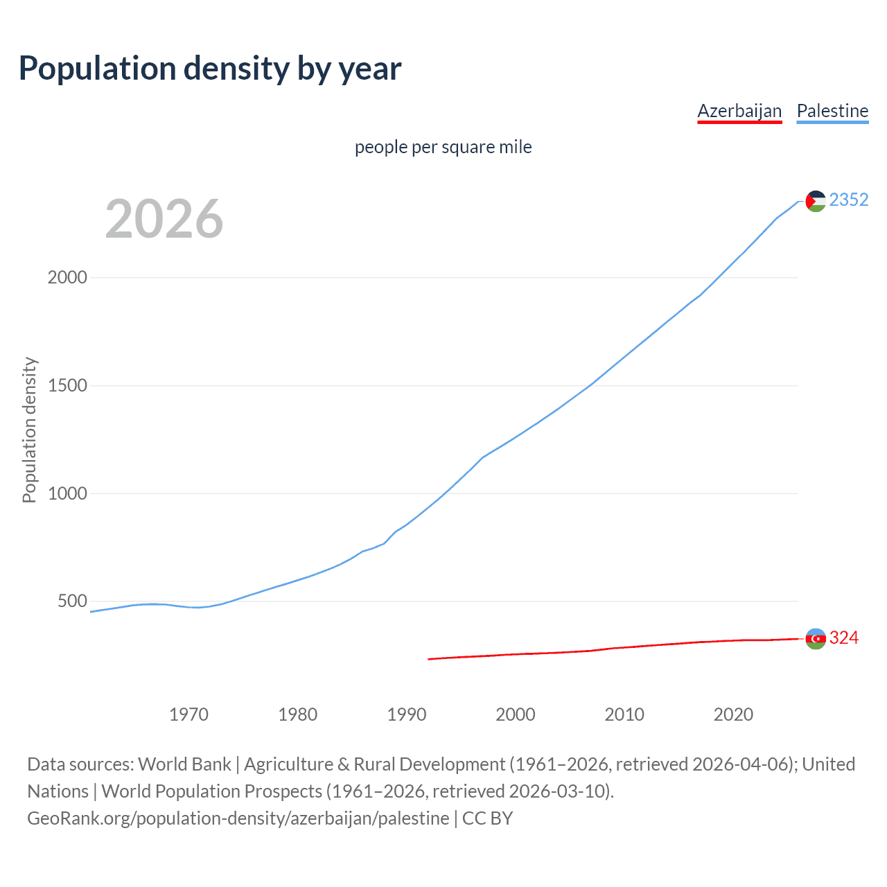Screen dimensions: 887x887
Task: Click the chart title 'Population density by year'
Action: coord(210,68)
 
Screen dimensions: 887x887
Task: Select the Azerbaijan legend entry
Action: coord(739,111)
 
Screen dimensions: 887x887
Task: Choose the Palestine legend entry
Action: coord(832,111)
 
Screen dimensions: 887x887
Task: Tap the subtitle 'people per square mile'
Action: coord(443,148)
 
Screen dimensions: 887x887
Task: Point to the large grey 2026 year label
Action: coord(164,219)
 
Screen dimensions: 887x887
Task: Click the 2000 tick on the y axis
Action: coord(67,277)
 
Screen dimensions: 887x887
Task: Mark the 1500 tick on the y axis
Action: coord(67,385)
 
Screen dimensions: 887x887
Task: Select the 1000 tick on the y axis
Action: coord(67,493)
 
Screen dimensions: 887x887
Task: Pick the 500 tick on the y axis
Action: coord(72,601)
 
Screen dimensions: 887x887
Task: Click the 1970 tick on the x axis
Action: coord(188,714)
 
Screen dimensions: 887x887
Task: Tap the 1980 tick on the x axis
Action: coord(297,714)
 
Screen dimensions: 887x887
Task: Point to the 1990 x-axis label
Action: coord(407,714)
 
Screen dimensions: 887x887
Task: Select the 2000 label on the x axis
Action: coord(516,714)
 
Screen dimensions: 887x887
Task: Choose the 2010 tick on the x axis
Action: coord(624,714)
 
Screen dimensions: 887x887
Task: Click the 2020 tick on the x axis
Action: coord(733,714)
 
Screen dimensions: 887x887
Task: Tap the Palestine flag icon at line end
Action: coord(816,201)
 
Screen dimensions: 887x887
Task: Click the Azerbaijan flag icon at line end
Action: coord(816,638)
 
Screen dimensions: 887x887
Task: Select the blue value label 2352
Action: coord(848,200)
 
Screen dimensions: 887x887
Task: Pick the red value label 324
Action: coord(843,638)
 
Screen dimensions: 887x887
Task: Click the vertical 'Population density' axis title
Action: coord(29,430)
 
